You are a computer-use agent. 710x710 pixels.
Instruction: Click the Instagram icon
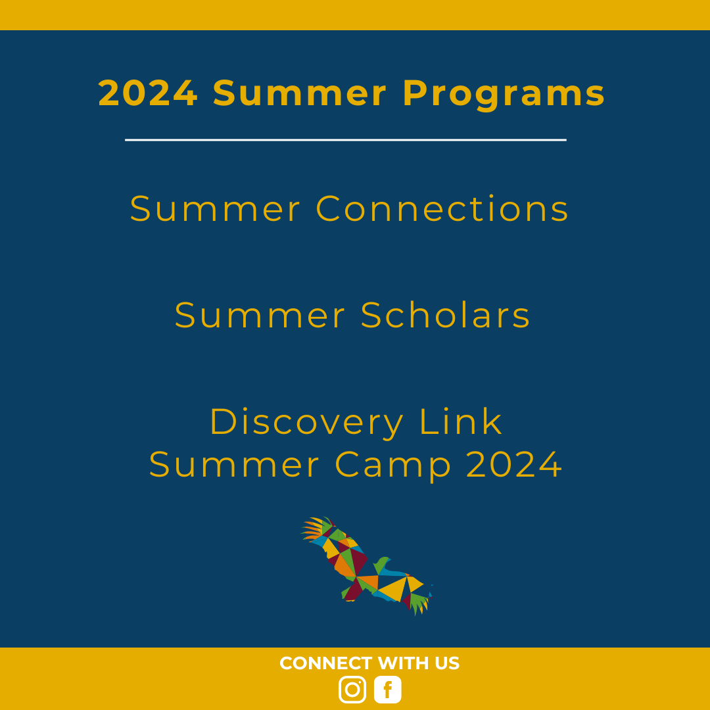click(x=352, y=689)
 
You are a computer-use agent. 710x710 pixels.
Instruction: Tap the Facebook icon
click(x=388, y=689)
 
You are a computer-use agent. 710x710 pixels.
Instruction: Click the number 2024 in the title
click(x=148, y=93)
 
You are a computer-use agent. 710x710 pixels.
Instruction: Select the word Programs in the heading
click(x=504, y=95)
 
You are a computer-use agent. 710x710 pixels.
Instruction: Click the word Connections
click(x=442, y=209)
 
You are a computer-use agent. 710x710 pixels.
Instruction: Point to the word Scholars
click(x=445, y=315)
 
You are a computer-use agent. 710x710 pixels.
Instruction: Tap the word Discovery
click(x=306, y=423)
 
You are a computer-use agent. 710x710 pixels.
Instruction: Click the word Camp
click(x=393, y=465)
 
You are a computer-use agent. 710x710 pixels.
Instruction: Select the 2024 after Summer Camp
click(x=514, y=465)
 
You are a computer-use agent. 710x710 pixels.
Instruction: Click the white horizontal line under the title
click(x=346, y=140)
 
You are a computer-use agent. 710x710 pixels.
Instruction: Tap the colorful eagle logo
click(x=367, y=566)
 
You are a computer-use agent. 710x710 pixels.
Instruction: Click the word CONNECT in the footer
click(x=326, y=663)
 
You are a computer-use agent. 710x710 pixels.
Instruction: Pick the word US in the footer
click(x=448, y=663)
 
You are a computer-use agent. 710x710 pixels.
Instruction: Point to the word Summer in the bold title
click(x=300, y=93)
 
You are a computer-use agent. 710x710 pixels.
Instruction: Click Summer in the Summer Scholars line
click(x=260, y=315)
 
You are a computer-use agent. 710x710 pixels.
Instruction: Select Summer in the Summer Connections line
click(x=215, y=209)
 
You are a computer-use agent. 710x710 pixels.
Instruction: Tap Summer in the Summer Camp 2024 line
click(x=234, y=465)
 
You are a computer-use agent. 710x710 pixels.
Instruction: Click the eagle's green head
click(x=382, y=565)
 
